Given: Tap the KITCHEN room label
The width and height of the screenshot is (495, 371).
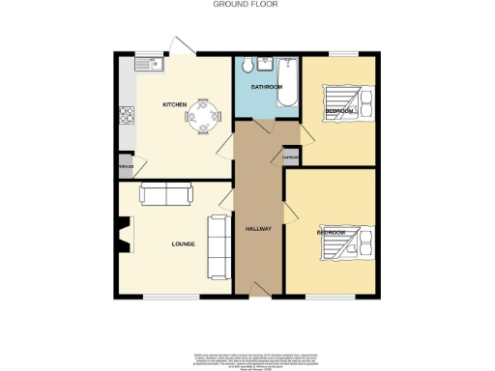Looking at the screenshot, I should tap(174, 104).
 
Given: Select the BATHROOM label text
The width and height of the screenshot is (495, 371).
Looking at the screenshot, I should tap(267, 87).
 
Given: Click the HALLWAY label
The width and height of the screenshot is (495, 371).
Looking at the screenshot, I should tap(257, 229).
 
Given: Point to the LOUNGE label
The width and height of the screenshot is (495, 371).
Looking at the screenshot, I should tap(184, 243).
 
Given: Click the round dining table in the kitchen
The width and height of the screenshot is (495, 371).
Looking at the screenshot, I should tap(202, 115).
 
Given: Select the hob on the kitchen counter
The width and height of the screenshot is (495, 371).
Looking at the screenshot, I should tap(126, 116).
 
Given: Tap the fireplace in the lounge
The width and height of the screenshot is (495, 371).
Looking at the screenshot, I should tap(122, 235).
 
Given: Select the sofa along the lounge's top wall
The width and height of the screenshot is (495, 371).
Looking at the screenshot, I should tap(167, 194).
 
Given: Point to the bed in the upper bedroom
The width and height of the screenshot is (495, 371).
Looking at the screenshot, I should tap(346, 101).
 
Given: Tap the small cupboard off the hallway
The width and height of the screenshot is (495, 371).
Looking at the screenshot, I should tap(289, 157).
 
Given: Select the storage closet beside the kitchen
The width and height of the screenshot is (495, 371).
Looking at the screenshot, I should tap(126, 166).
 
